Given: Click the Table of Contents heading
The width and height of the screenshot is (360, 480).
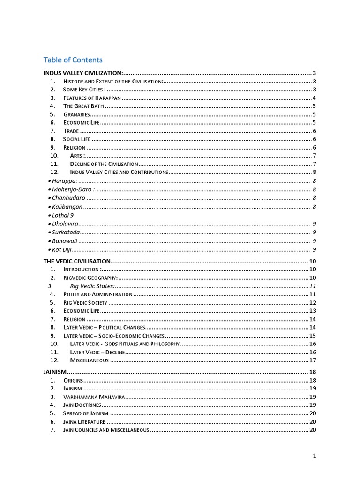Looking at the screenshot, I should point(73,60).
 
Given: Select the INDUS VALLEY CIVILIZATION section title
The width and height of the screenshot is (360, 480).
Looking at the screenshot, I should point(83,73).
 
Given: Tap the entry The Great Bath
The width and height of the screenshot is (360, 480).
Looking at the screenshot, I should point(84,106).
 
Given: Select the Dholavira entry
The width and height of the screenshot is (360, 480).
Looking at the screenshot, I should point(65,224).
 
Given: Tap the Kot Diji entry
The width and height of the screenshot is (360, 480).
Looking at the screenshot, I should point(60,249).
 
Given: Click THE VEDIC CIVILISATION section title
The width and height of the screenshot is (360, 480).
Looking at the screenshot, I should point(77,261).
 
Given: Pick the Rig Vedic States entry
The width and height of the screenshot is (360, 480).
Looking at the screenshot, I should point(92,286).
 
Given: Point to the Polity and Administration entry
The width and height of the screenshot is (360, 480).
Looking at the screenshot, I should point(98,294).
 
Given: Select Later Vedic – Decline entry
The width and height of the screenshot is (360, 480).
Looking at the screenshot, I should point(97,352).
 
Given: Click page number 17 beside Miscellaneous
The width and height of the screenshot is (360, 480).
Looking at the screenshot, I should point(313,360).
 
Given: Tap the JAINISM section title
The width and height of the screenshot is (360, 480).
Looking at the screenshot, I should point(55,372).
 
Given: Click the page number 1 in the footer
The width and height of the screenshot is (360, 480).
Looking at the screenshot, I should point(315,456).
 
